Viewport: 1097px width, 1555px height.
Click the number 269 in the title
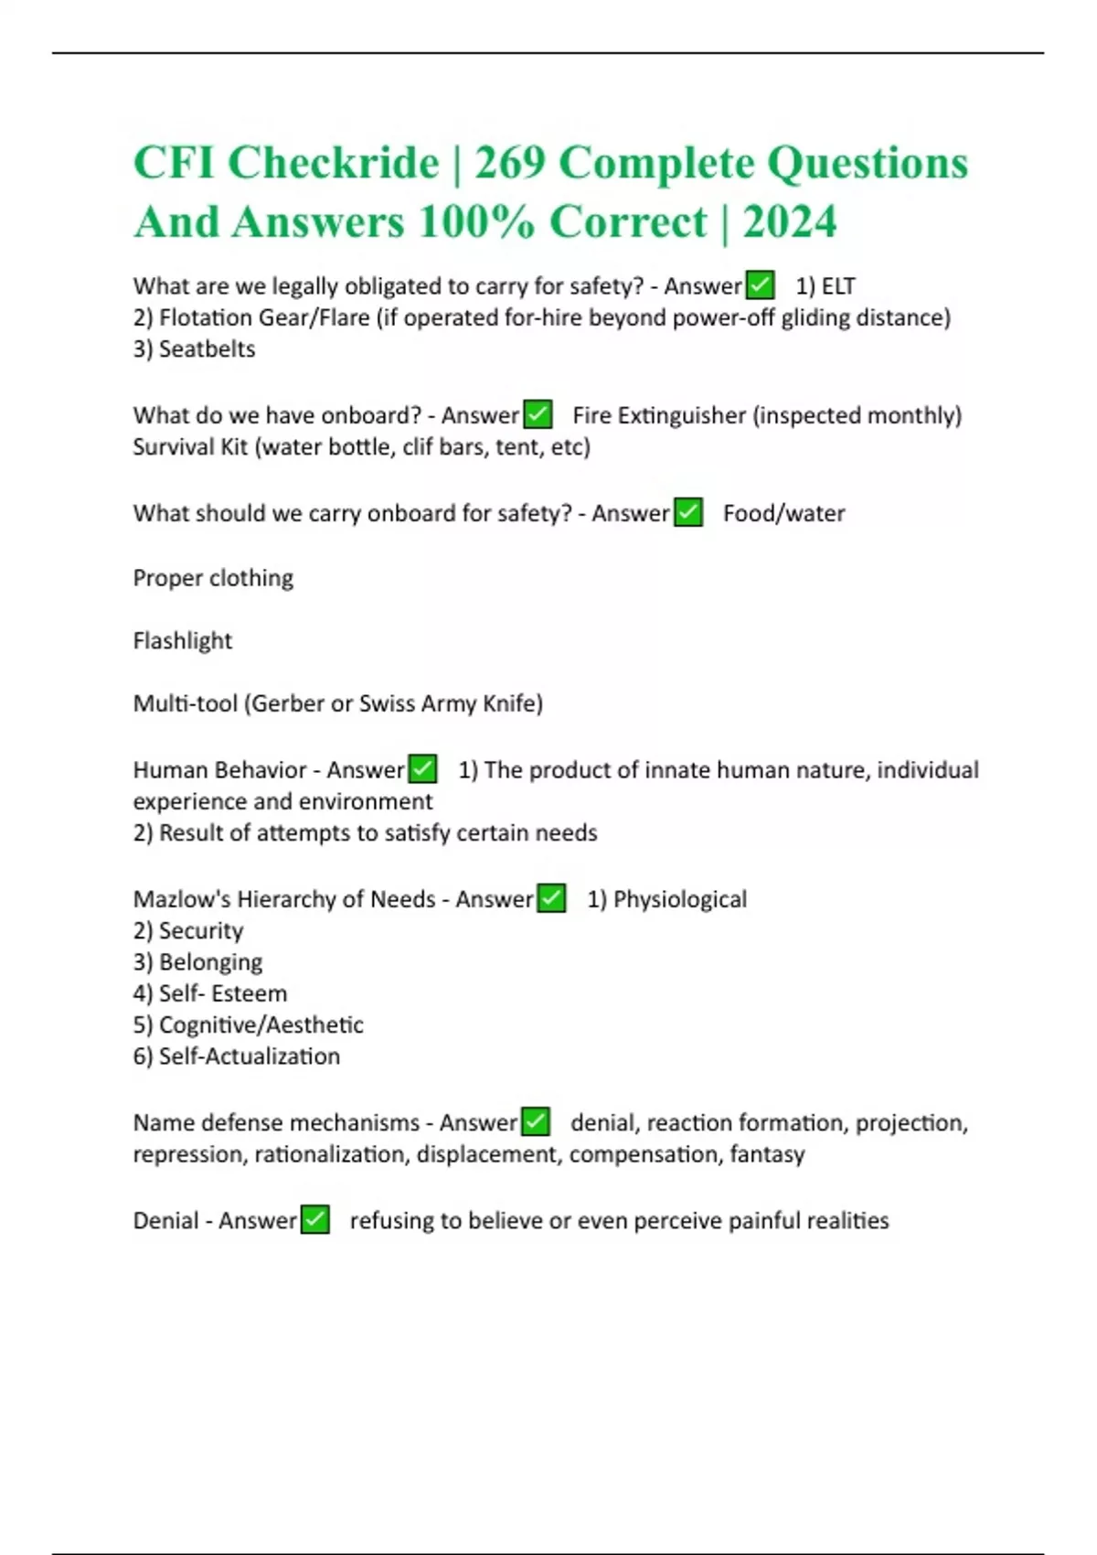click(x=510, y=164)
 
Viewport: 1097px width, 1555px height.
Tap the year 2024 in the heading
click(x=790, y=222)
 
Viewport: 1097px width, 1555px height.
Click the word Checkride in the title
click(x=333, y=164)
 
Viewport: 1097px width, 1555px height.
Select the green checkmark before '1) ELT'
click(x=760, y=285)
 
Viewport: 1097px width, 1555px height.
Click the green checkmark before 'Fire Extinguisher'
click(x=538, y=415)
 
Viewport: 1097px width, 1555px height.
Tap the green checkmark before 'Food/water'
click(x=687, y=513)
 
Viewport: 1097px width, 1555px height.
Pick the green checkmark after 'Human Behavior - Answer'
click(x=422, y=769)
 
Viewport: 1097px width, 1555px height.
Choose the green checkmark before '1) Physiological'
click(x=551, y=899)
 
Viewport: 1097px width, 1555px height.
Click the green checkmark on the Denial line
click(x=314, y=1220)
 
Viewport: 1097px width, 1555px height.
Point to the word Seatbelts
click(x=207, y=349)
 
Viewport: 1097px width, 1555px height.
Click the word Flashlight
click(x=183, y=640)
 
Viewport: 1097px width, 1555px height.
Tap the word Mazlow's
click(x=181, y=899)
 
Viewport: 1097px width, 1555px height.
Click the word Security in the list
click(x=201, y=931)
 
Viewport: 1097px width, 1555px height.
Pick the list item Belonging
click(x=210, y=962)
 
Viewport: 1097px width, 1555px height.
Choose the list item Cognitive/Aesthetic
click(x=261, y=1024)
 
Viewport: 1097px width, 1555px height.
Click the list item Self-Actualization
click(x=249, y=1056)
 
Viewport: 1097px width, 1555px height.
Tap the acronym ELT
click(x=838, y=286)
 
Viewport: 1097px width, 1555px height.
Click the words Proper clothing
click(x=213, y=578)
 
